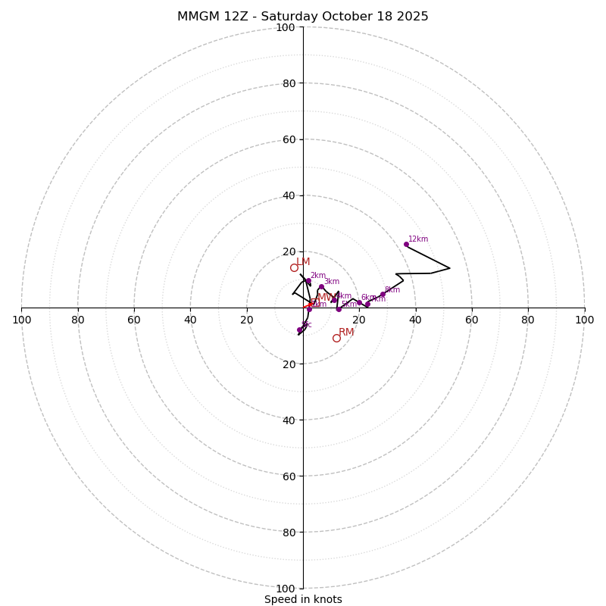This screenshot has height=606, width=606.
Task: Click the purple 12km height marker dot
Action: (406, 244)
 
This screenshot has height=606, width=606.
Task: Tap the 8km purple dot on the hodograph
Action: (383, 295)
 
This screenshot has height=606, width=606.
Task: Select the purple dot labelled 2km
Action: (308, 281)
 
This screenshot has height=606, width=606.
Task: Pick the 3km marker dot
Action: (320, 286)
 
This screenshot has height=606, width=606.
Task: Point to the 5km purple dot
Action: (339, 309)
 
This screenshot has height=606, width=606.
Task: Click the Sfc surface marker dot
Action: (300, 330)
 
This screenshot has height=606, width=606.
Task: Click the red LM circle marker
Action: (294, 267)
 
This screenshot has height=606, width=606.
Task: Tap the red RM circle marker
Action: (336, 338)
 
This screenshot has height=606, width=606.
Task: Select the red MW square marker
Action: (314, 302)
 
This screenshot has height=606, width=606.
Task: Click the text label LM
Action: (303, 262)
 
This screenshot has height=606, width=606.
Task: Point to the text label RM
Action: (346, 333)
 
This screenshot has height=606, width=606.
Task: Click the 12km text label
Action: (418, 239)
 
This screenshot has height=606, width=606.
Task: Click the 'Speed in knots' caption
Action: (303, 600)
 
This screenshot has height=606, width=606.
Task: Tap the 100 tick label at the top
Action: (286, 27)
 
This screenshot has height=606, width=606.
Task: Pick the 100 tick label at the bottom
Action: (286, 589)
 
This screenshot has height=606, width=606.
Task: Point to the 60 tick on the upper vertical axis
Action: (289, 139)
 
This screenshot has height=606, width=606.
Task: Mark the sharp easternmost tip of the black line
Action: (450, 267)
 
